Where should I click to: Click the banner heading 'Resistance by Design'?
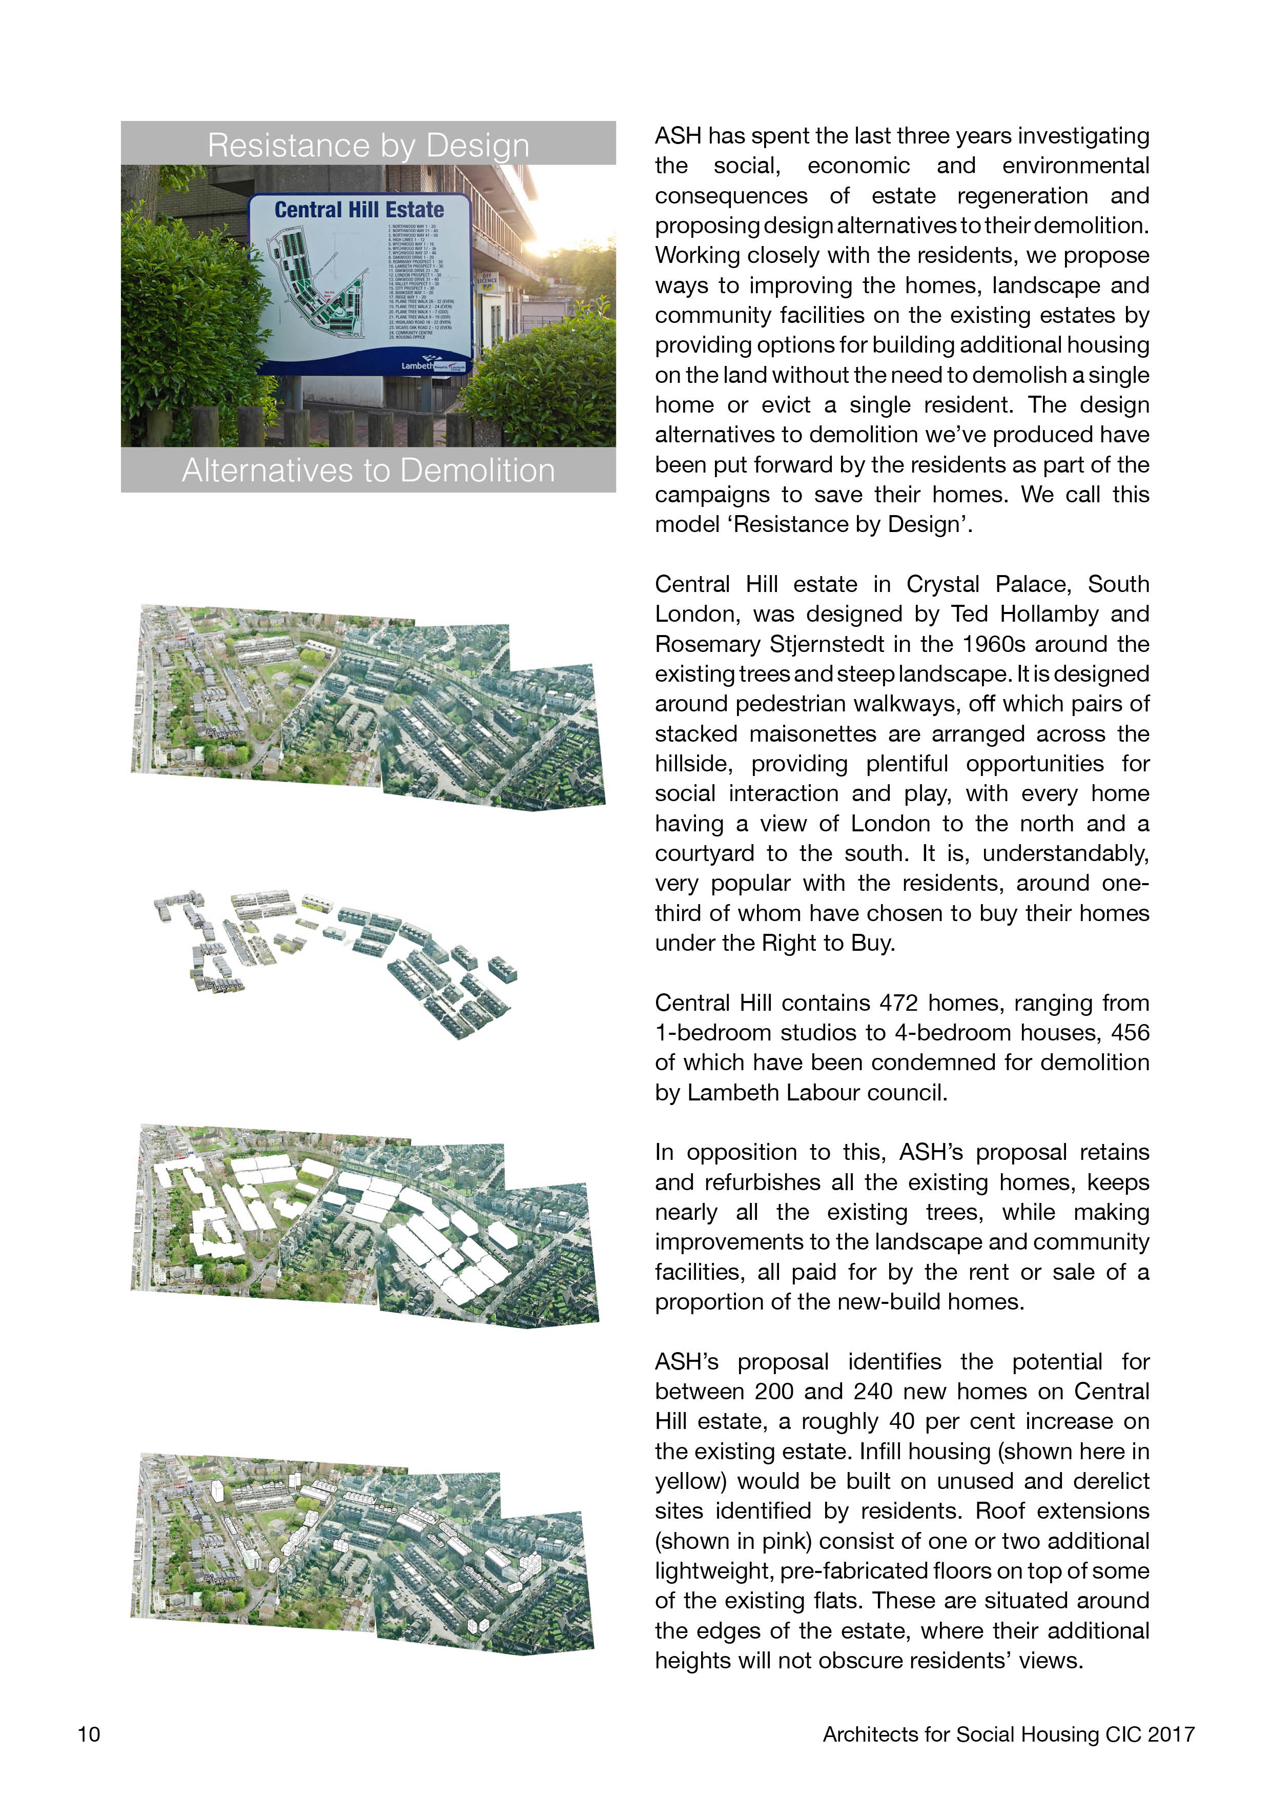[x=368, y=145]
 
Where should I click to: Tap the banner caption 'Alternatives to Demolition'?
[x=368, y=470]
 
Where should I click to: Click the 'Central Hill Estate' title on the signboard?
[x=359, y=210]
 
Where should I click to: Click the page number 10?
[x=89, y=1734]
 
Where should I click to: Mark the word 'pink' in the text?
[x=789, y=1541]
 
